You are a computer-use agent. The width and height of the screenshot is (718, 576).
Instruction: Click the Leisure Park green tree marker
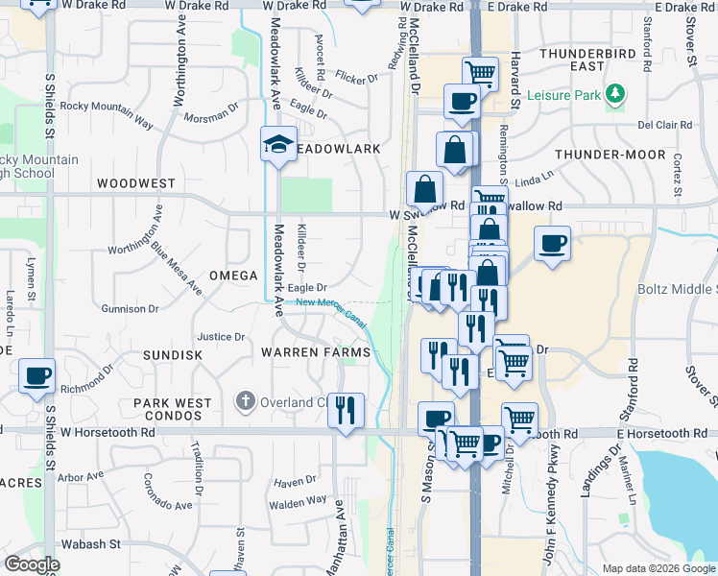(x=614, y=94)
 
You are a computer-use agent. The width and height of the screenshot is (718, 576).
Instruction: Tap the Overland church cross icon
(x=246, y=401)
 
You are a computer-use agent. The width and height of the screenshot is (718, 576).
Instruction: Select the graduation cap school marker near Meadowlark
(x=278, y=146)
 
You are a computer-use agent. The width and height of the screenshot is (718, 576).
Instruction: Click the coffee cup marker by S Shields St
(x=36, y=376)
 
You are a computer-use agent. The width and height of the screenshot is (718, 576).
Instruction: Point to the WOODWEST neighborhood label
(x=135, y=182)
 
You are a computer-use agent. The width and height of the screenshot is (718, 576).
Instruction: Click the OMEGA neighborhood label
(x=234, y=276)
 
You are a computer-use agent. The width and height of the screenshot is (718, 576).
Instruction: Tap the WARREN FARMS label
(x=316, y=353)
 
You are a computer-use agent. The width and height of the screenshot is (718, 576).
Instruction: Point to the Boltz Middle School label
(x=678, y=288)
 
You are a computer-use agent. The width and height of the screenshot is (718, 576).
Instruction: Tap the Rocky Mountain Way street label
(x=107, y=112)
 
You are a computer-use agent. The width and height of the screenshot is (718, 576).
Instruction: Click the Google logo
(x=33, y=564)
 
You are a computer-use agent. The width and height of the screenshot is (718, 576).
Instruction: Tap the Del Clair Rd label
(x=665, y=125)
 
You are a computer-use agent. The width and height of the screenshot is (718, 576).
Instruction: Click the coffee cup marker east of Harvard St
(x=552, y=244)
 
